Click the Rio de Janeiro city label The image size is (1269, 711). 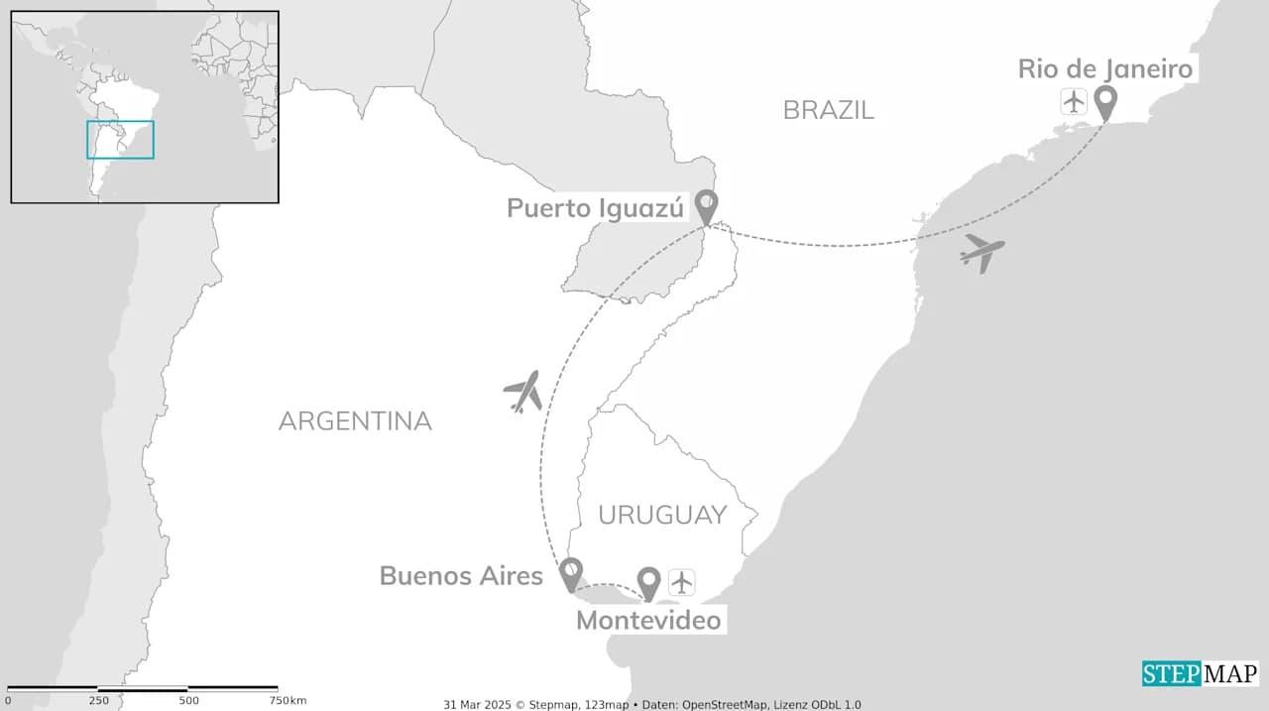coord(1105,69)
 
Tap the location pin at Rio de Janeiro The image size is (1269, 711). coord(1104,101)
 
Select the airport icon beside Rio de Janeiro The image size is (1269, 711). coord(1074,101)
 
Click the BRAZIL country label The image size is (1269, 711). coord(829,110)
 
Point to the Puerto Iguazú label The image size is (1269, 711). coord(596,208)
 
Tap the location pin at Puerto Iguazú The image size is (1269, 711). coord(705,206)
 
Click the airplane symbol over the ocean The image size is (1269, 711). coord(981,253)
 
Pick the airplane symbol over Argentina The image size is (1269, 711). coord(523,392)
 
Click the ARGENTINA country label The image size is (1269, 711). coord(355,421)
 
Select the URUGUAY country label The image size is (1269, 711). coord(662,516)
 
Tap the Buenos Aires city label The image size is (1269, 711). coord(461,576)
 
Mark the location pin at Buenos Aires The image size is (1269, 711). coord(570,573)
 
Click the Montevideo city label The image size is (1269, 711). coord(649,622)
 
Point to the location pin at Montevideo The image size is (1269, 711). coord(648,582)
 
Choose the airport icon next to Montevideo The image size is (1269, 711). coord(682,582)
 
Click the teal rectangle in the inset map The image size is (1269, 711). coord(120,140)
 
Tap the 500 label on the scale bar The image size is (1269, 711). coord(188,701)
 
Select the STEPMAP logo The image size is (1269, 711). coord(1200,674)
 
